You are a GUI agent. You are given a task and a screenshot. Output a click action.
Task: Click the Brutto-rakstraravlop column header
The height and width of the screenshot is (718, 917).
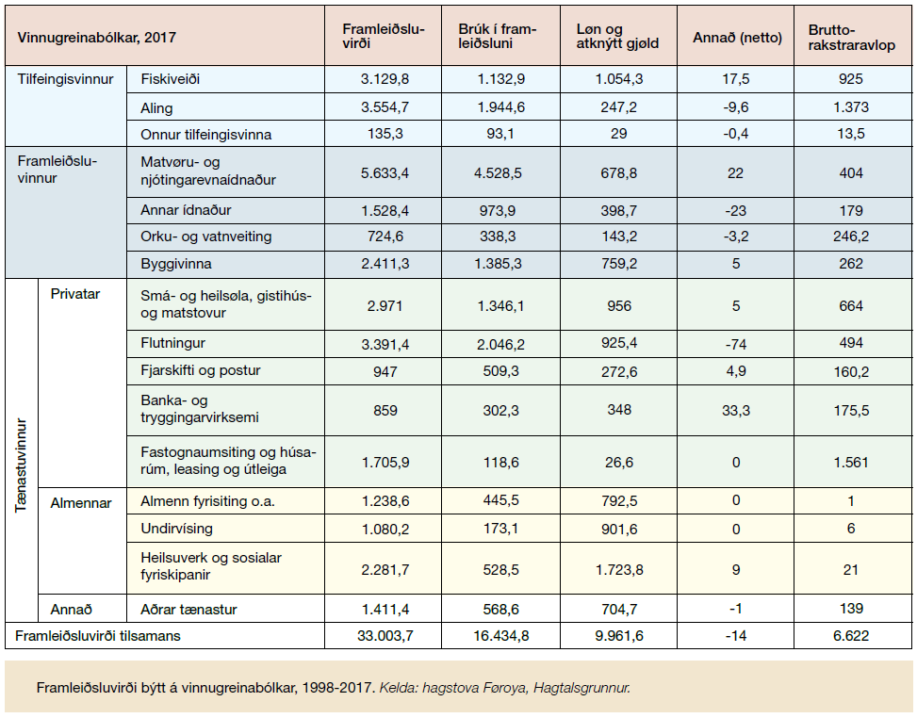click(x=852, y=37)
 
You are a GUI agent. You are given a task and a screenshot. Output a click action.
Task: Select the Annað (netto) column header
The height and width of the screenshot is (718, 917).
click(x=737, y=38)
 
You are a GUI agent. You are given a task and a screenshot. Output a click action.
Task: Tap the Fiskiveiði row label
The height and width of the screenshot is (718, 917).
click(x=171, y=79)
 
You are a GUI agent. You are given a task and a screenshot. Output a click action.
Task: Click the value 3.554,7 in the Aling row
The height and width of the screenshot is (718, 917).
click(x=385, y=107)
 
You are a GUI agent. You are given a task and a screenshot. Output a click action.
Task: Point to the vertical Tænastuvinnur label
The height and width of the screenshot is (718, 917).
click(x=21, y=465)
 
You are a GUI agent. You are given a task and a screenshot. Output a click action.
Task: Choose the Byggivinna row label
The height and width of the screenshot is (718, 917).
click(x=176, y=264)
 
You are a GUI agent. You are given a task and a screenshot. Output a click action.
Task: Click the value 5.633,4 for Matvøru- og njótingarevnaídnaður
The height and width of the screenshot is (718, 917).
click(x=385, y=173)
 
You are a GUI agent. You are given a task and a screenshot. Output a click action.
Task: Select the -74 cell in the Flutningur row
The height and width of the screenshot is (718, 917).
click(x=736, y=344)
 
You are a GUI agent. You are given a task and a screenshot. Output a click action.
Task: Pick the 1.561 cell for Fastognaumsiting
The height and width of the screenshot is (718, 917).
click(x=851, y=463)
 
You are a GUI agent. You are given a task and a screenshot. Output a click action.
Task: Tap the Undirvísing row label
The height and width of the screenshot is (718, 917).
click(x=176, y=529)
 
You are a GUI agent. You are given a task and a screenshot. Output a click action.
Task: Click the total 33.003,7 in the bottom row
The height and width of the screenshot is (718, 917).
click(x=385, y=636)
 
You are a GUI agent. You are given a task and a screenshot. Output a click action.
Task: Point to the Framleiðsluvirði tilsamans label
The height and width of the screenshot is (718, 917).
click(x=98, y=636)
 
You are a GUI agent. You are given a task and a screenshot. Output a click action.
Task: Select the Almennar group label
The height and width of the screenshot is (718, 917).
click(x=81, y=503)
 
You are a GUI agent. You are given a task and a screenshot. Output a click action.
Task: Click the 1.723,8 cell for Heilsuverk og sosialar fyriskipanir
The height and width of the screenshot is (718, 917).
click(x=619, y=569)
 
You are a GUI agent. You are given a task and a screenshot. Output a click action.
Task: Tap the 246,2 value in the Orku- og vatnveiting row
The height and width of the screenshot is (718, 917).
click(x=851, y=237)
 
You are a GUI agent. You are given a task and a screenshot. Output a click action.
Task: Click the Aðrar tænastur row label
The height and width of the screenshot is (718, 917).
click(x=188, y=610)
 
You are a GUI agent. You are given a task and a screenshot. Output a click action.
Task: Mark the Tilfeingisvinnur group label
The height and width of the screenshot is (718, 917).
click(x=66, y=79)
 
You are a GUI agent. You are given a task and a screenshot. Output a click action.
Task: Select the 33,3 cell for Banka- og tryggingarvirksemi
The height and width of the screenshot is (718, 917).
click(x=736, y=411)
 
